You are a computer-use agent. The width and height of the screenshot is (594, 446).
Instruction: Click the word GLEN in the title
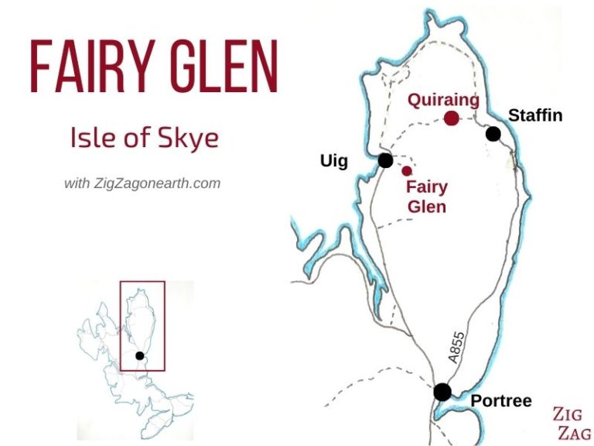[224, 65]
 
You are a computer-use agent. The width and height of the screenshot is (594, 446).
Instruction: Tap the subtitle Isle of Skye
[145, 138]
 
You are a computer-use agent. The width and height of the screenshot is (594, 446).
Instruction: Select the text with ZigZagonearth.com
[142, 184]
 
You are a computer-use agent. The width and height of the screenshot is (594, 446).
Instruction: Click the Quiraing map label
[444, 101]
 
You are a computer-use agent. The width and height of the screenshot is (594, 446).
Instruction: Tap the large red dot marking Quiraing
[452, 118]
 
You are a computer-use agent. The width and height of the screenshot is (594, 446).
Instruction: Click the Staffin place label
[535, 116]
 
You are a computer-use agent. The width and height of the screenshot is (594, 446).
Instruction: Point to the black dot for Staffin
[493, 134]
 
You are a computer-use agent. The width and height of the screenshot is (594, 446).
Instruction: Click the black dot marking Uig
[385, 160]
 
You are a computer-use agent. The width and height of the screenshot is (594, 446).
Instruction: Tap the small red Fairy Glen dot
[407, 170]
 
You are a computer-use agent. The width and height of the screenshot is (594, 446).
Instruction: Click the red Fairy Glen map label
[427, 197]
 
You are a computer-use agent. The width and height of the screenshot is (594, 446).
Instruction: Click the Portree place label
[501, 400]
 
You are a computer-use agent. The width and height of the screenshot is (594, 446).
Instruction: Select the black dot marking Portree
[442, 392]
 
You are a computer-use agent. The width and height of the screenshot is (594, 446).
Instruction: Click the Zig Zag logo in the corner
[572, 424]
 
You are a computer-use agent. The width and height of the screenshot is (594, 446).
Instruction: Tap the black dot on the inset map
[139, 355]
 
